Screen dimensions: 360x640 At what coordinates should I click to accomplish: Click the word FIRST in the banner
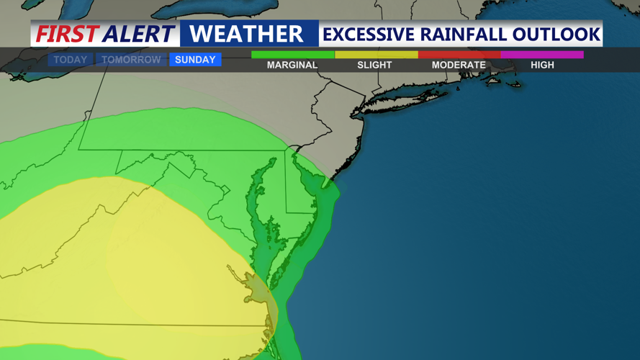point(67,34)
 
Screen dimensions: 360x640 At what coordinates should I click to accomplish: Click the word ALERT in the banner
point(138,34)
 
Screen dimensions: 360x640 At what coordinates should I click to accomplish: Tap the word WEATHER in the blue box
point(246,34)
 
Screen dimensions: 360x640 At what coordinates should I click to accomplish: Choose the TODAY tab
point(71,60)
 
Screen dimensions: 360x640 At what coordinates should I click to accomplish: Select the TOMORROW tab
point(131,60)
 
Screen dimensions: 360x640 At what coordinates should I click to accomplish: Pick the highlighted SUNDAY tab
point(195,60)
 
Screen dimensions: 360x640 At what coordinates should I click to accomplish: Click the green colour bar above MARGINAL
point(292,54)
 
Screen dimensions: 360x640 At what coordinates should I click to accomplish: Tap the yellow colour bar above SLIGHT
point(376,54)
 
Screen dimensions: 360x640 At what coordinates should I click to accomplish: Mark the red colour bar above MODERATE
point(459,54)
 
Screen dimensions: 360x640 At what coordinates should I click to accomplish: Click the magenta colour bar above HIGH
point(542,54)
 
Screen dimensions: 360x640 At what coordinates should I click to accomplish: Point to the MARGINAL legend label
point(292,65)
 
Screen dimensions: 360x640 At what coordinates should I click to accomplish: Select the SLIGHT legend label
point(375,65)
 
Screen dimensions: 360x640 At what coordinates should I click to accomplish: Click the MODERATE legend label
point(459,65)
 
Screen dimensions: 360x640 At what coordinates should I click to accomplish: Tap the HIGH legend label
point(542,65)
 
